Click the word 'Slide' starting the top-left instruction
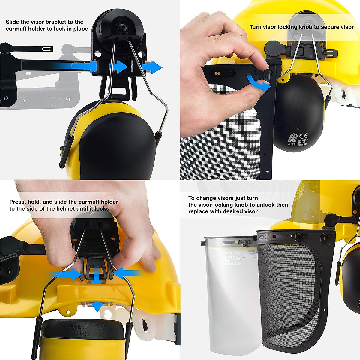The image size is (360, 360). [x=13, y=22]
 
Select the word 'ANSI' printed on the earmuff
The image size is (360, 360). [x=292, y=144]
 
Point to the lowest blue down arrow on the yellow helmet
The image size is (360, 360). [x=97, y=307]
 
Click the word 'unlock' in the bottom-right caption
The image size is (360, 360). [x=265, y=205]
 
